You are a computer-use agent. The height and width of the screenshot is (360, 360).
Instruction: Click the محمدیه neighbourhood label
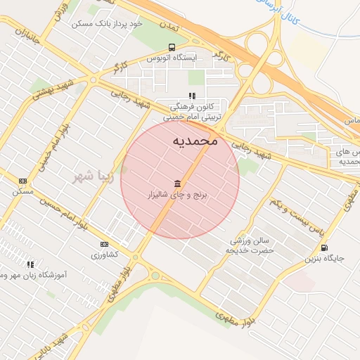(x=195, y=141)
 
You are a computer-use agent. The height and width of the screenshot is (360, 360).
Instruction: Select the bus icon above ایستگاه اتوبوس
(x=171, y=48)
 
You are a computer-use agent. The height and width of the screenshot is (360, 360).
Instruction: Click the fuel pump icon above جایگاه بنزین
(x=323, y=247)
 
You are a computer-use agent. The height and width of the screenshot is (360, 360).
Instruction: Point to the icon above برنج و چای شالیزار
(x=176, y=183)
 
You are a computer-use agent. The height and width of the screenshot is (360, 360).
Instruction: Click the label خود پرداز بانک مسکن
(x=107, y=23)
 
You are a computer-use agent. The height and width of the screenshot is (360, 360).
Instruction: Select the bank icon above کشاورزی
(x=105, y=244)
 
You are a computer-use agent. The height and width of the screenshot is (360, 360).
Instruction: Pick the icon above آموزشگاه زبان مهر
(x=30, y=264)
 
